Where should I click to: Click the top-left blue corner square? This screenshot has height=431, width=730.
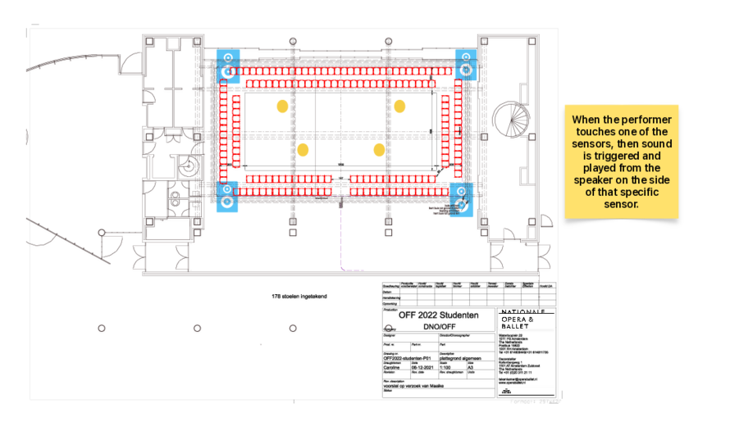[227, 65]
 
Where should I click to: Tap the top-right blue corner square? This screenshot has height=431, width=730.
[465, 63]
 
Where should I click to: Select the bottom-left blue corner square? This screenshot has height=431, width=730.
[227, 197]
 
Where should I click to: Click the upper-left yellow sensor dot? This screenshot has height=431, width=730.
[282, 106]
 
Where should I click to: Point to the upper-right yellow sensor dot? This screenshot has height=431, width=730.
[399, 106]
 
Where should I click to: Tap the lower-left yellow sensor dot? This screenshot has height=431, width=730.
[303, 150]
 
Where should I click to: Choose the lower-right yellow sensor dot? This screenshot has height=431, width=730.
[379, 150]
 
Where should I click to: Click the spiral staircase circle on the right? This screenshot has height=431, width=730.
[513, 120]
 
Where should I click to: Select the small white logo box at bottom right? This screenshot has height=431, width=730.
[526, 390]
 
